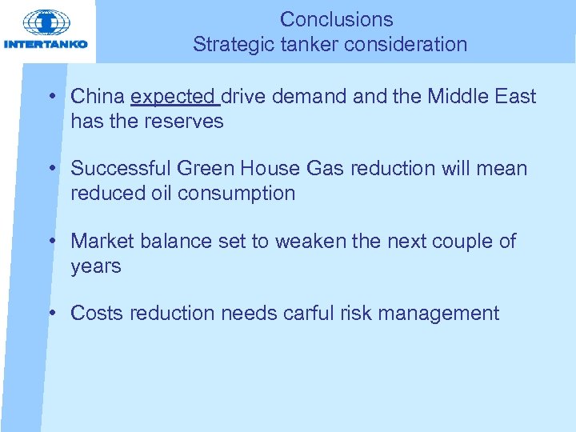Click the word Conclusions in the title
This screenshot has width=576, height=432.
336,19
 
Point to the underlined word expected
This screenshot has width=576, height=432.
174,98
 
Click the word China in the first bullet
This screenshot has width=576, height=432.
98,98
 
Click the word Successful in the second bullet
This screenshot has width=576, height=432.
120,169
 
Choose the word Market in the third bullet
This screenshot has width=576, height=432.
100,241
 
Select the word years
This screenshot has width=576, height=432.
95,266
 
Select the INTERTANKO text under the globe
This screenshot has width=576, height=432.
46,44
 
